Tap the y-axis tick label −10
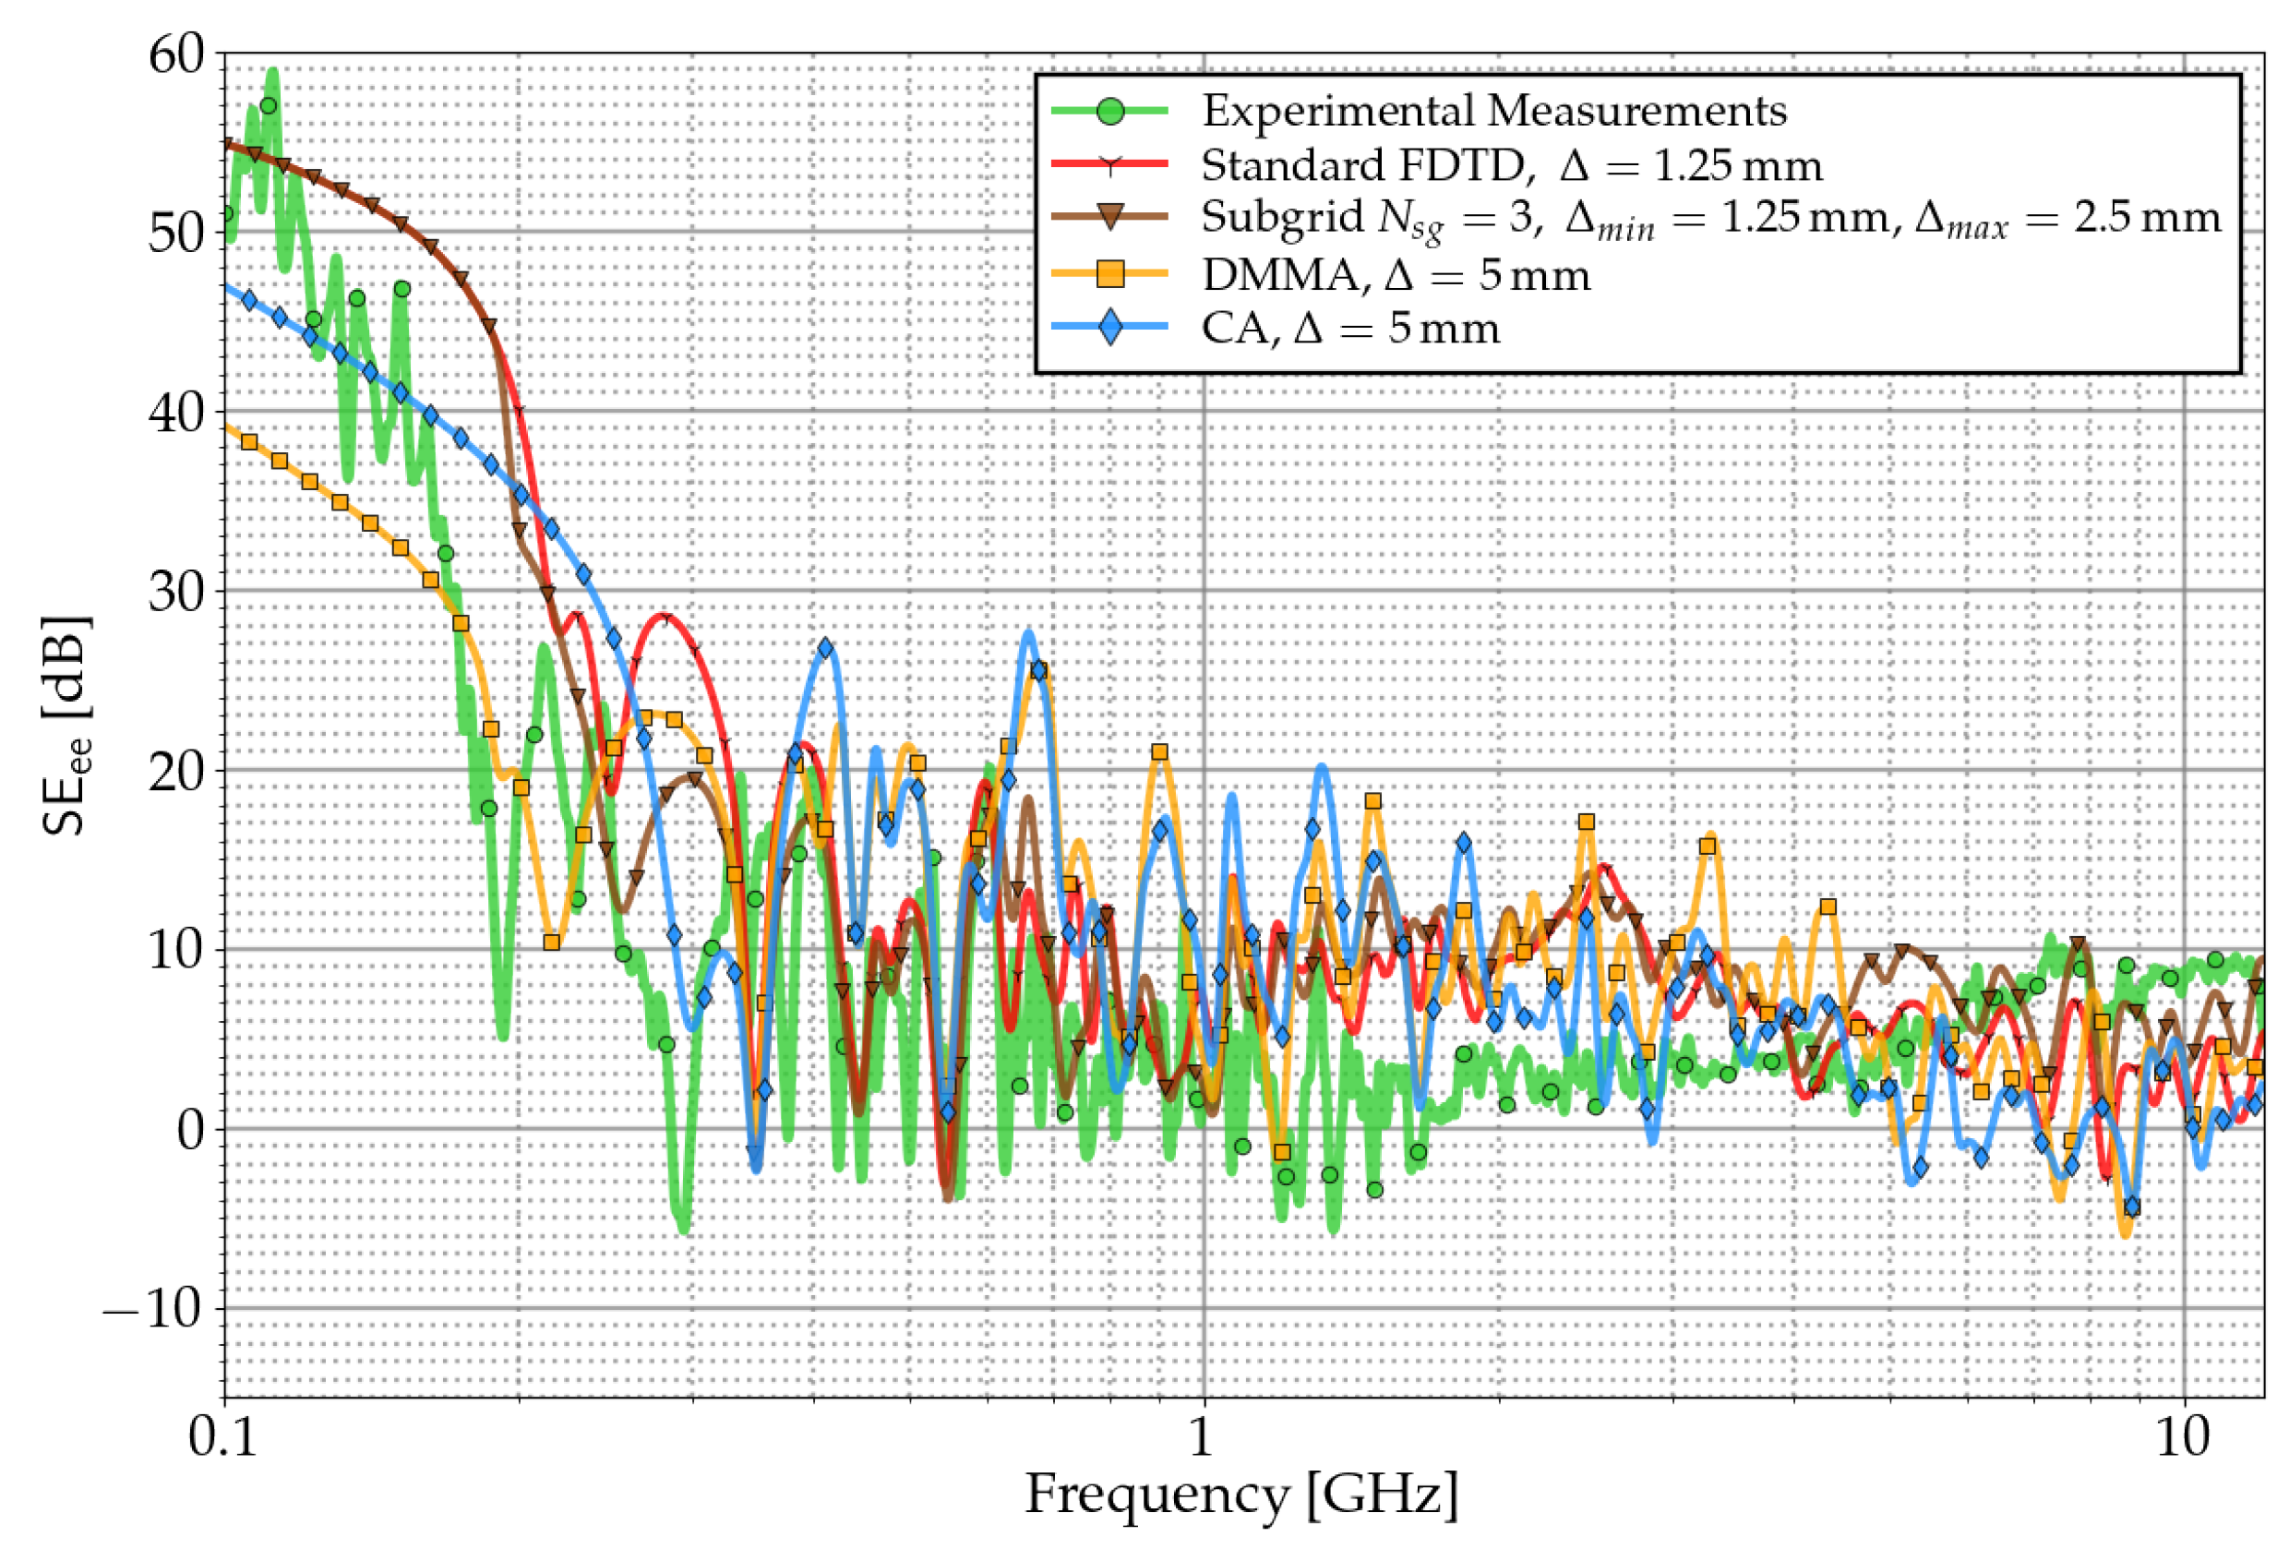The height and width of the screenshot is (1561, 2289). (153, 1310)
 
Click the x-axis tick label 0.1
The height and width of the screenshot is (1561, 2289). (222, 1439)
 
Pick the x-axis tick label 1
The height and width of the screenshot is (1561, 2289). (1200, 1439)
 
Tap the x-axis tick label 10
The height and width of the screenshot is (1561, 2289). (2183, 1439)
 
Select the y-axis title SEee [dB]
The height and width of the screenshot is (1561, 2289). (67, 726)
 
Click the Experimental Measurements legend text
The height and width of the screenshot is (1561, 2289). (1493, 110)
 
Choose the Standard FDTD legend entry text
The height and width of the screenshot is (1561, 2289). (1511, 165)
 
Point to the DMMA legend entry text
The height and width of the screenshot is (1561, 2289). (1395, 275)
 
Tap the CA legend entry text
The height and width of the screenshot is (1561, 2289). (1349, 328)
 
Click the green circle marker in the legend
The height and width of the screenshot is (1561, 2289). (1110, 110)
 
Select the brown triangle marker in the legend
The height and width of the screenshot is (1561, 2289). (1110, 218)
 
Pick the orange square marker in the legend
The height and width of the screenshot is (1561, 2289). (1110, 274)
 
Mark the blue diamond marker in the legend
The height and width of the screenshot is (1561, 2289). (1110, 328)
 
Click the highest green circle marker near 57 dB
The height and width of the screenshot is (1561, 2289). (267, 106)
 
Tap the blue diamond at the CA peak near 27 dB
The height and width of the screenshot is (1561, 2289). (824, 648)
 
